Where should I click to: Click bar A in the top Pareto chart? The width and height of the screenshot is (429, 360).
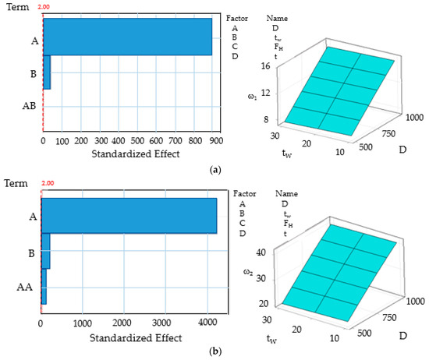[127, 37]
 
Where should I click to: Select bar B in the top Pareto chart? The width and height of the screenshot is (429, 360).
[47, 72]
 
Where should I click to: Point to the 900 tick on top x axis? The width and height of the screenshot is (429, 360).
[216, 141]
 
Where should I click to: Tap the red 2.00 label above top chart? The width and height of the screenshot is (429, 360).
[43, 5]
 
